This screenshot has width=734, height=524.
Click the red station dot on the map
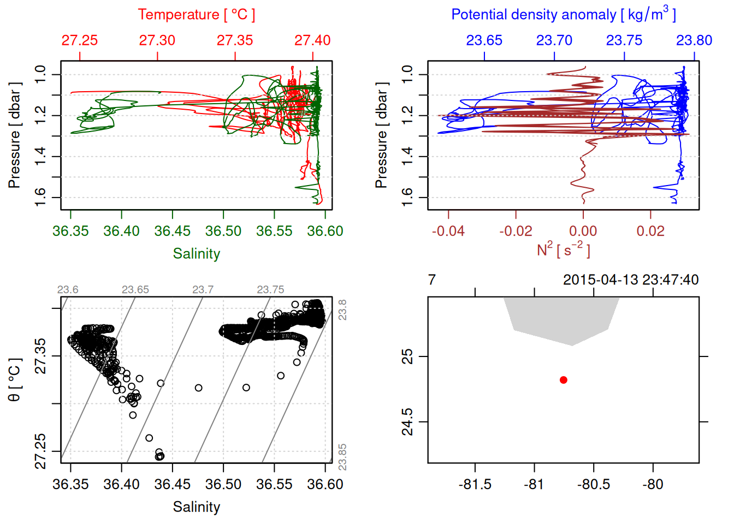click(564, 380)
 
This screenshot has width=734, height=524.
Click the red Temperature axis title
click(196, 15)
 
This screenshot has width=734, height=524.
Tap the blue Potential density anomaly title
click(564, 15)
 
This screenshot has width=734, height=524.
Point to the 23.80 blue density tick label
click(694, 40)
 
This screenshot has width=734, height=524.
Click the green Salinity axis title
click(196, 254)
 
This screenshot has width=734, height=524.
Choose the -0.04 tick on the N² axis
click(448, 231)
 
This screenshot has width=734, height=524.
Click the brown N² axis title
click(564, 250)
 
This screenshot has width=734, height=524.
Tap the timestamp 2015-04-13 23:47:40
click(631, 280)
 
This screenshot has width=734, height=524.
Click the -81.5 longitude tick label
click(475, 484)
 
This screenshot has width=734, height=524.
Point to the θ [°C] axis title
click(15, 380)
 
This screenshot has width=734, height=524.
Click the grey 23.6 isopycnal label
click(68, 290)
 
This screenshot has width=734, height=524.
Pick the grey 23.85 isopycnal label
click(342, 457)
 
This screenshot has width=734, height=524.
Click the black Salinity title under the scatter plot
click(196, 507)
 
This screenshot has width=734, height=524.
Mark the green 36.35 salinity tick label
click(70, 231)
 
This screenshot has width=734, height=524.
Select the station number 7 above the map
click(432, 280)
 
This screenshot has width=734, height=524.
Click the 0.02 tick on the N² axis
click(650, 231)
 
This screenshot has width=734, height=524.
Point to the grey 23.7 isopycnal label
click(203, 290)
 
